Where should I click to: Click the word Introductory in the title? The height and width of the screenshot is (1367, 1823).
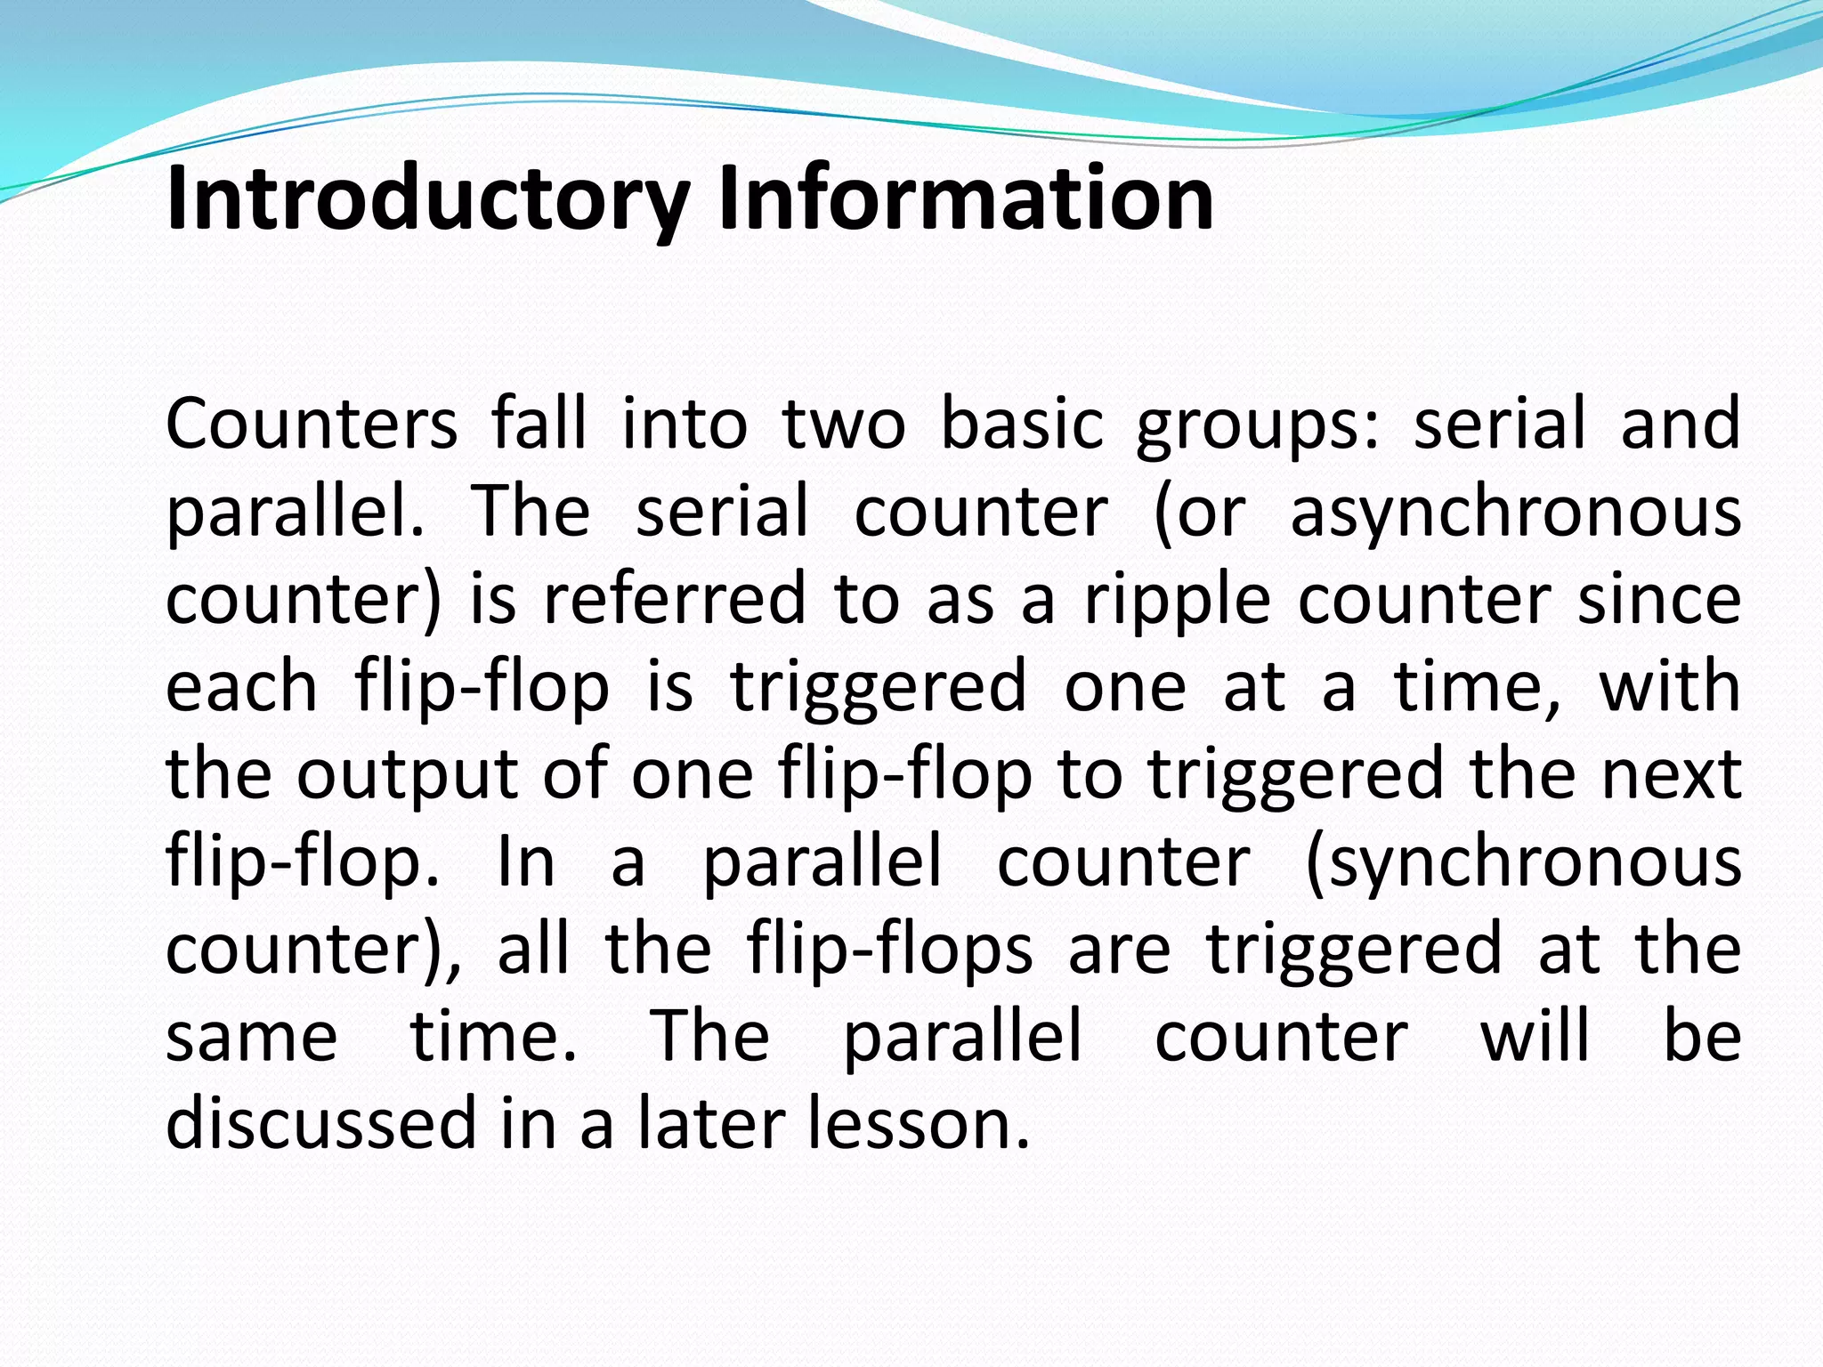[x=427, y=199]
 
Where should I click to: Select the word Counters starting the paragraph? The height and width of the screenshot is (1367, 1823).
[x=312, y=424]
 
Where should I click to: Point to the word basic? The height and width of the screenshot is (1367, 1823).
[x=1021, y=424]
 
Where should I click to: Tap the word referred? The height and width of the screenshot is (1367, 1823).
[x=675, y=599]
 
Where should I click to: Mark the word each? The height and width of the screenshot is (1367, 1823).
[x=241, y=686]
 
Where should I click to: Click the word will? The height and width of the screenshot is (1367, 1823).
[x=1535, y=1036]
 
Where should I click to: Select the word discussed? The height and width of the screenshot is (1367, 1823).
[x=321, y=1123]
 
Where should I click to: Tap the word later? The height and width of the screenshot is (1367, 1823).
[x=709, y=1123]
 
